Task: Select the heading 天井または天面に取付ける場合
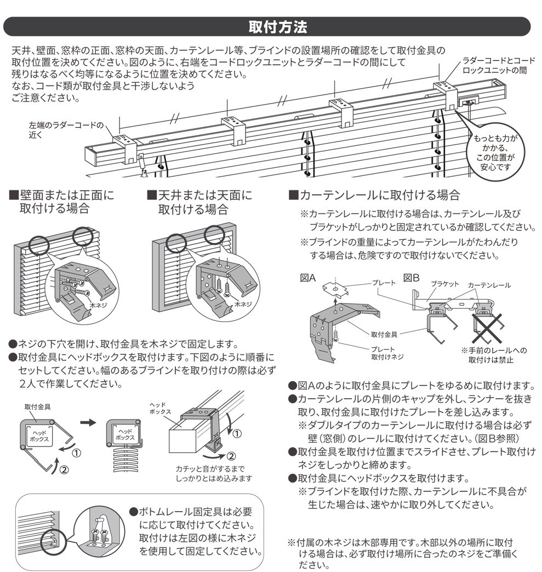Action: click(x=199, y=202)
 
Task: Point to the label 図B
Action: click(x=412, y=278)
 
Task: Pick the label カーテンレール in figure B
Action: click(x=489, y=285)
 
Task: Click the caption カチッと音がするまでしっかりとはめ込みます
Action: click(x=214, y=473)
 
